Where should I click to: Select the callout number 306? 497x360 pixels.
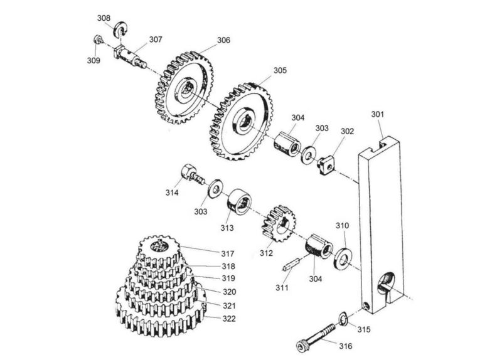tap(223, 40)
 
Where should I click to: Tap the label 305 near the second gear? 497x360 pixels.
tap(280, 70)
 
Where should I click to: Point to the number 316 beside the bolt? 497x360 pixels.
tap(346, 346)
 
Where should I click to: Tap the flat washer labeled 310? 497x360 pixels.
tap(342, 256)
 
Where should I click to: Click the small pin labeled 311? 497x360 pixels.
tap(291, 264)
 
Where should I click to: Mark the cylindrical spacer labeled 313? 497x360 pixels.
tap(239, 203)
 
